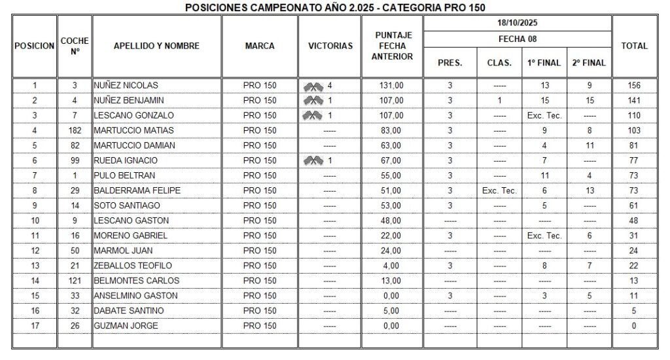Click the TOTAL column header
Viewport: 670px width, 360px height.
click(633, 46)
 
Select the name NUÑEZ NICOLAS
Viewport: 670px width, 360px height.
click(126, 85)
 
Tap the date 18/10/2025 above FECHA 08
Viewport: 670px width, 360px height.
click(517, 23)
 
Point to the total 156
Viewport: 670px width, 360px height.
click(633, 85)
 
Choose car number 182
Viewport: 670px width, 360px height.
click(75, 130)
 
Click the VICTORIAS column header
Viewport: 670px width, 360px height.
click(330, 46)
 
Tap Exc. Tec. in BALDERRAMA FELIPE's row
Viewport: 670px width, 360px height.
click(499, 190)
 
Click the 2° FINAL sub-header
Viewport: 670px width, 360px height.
click(589, 63)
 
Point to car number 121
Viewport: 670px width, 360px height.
click(75, 280)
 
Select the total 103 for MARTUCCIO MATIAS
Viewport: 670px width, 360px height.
click(633, 130)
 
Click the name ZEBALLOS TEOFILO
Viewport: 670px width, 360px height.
click(133, 265)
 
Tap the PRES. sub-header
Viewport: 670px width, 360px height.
click(450, 63)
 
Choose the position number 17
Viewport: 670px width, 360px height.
click(35, 325)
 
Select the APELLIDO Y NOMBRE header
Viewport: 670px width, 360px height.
click(156, 46)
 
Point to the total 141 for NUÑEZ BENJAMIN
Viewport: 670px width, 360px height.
click(633, 100)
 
